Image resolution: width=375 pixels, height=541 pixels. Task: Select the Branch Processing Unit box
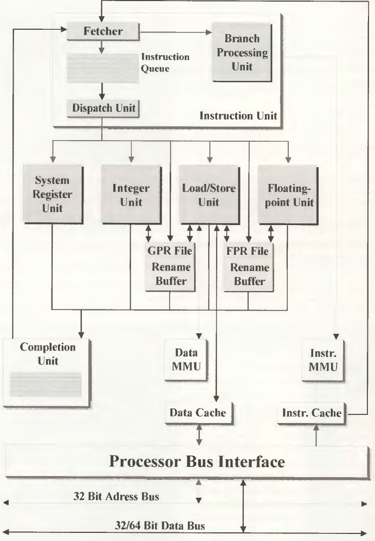pos(241,52)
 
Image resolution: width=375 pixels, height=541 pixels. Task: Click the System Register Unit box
pos(52,193)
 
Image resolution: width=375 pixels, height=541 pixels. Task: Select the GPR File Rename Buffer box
pos(170,266)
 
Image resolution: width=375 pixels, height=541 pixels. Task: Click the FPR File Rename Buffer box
pos(249,266)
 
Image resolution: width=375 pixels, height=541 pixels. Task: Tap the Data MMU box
pos(186,359)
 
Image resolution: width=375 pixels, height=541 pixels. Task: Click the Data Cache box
pos(198,413)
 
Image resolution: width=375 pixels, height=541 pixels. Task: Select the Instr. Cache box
pos(312,413)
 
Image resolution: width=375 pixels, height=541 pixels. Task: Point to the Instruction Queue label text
pos(165,62)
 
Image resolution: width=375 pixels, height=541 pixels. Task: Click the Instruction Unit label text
pos(238,115)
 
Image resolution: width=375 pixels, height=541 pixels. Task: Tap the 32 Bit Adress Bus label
pos(116,496)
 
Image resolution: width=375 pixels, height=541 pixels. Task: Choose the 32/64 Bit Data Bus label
pos(160,525)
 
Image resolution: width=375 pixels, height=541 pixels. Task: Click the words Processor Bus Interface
pos(196,461)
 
